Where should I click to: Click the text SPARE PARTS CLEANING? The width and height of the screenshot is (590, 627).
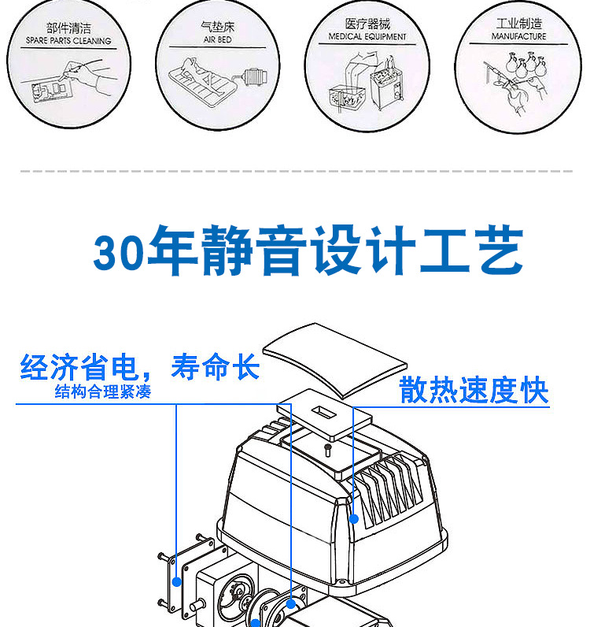pyautogui.click(x=68, y=40)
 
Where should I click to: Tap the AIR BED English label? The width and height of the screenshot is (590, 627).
pyautogui.click(x=218, y=39)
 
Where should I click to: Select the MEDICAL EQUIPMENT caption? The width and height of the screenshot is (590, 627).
pyautogui.click(x=367, y=36)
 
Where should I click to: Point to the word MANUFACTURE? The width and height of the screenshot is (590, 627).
pyautogui.click(x=518, y=36)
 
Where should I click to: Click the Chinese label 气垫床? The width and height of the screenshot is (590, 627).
pyautogui.click(x=218, y=27)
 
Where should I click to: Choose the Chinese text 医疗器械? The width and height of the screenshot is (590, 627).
pyautogui.click(x=367, y=24)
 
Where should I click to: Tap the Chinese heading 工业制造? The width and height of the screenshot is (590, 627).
pyautogui.click(x=518, y=24)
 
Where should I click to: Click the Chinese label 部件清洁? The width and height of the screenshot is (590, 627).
pyautogui.click(x=68, y=28)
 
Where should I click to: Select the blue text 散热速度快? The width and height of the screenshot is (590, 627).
pyautogui.click(x=474, y=391)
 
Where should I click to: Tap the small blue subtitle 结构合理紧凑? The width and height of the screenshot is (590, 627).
pyautogui.click(x=102, y=392)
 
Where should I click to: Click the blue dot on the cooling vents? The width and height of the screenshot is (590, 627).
pyautogui.click(x=354, y=519)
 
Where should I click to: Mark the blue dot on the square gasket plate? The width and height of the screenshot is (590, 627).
pyautogui.click(x=177, y=582)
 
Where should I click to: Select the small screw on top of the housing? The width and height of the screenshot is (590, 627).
pyautogui.click(x=327, y=449)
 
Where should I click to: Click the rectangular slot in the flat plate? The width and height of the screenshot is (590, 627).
pyautogui.click(x=322, y=411)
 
